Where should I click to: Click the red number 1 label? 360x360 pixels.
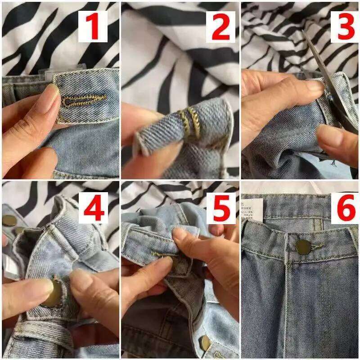coord(93,26)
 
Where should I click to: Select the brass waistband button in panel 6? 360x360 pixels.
coord(303,246)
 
